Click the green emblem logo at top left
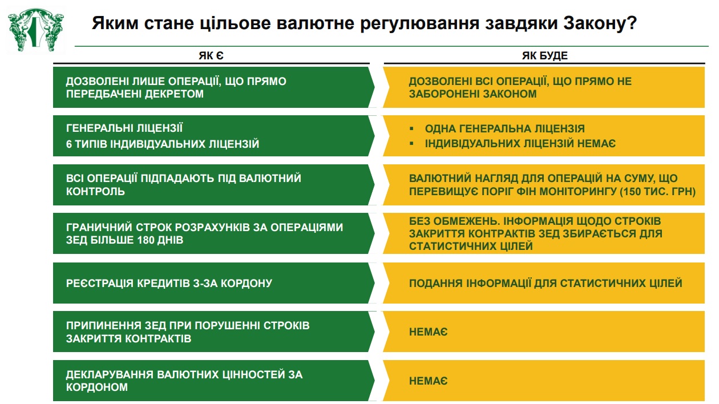36,30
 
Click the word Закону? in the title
600,23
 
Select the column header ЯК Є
211,56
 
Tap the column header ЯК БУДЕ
545,56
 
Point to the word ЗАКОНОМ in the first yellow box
510,94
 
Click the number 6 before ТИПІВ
69,144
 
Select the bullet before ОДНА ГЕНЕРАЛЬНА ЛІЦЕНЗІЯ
411,129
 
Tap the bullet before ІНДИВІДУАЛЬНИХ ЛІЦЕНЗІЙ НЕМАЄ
411,143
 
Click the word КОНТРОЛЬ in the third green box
95,192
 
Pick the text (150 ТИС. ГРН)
657,192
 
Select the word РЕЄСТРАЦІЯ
100,284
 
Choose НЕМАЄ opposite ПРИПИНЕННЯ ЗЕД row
428,332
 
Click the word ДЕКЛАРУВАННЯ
110,375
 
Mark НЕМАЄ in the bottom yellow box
428,381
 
